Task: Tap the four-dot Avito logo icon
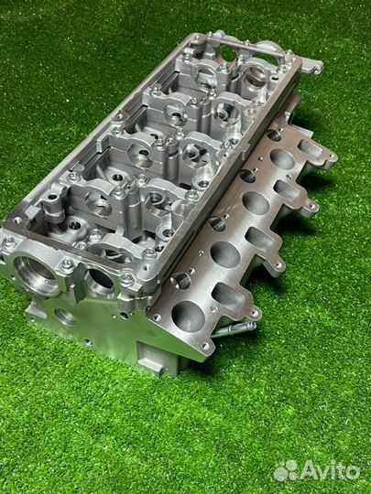(x=286, y=470)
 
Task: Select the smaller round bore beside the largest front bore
(x=101, y=281)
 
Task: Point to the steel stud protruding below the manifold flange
(x=235, y=329)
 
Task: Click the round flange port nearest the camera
(x=189, y=316)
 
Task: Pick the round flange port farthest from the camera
(x=282, y=159)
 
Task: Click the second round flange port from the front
(x=225, y=254)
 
